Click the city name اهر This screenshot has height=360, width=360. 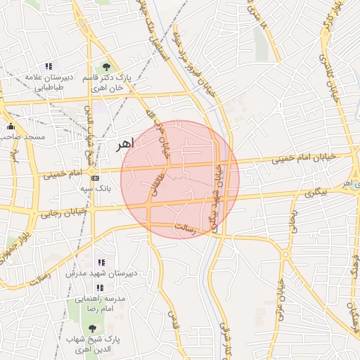tap(122, 144)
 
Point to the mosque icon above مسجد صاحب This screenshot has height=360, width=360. tap(10, 127)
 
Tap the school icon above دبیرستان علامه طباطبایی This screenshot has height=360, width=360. tap(48, 65)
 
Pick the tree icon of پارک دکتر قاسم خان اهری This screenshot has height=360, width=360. tap(106, 67)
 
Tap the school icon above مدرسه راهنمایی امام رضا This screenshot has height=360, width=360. tap(100, 288)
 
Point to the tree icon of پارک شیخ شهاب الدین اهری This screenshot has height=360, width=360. tap(93, 328)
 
